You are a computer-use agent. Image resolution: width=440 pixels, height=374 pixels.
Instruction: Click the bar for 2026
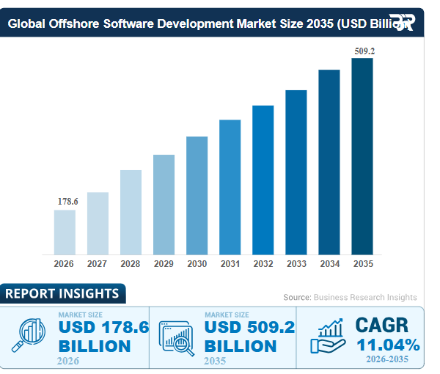[65, 232]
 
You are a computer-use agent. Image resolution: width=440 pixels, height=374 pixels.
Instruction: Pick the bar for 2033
[296, 172]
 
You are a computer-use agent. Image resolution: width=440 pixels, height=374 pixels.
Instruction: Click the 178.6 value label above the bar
[67, 201]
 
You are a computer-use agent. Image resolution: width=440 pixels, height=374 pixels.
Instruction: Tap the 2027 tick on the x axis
[98, 264]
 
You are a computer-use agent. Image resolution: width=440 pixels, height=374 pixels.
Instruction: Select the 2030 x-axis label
[197, 264]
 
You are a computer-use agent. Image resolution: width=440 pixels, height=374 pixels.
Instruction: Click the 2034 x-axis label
[329, 264]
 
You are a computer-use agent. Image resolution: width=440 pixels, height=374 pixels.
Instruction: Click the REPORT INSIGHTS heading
[62, 294]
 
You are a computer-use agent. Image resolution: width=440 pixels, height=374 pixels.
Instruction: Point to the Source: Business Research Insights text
[350, 297]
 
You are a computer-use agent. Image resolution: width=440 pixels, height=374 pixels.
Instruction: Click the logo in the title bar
[401, 22]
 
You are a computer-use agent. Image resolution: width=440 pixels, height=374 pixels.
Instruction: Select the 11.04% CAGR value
[388, 345]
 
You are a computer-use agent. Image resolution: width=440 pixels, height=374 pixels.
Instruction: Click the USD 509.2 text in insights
[249, 328]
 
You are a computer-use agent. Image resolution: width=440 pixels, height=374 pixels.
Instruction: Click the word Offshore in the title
[83, 23]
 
